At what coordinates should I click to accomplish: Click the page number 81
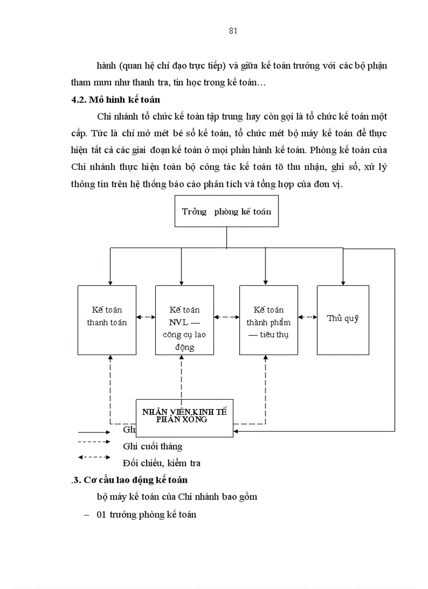tap(233, 30)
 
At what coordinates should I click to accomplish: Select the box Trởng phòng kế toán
tap(226, 211)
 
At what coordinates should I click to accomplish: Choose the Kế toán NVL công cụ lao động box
tap(185, 320)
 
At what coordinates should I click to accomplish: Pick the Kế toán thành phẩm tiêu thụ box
tap(268, 320)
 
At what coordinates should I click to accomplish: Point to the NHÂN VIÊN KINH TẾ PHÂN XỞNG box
tap(185, 416)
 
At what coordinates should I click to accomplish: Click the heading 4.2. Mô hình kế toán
tap(116, 100)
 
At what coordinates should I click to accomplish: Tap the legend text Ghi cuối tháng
tap(153, 446)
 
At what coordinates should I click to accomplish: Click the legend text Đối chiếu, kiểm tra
tap(162, 463)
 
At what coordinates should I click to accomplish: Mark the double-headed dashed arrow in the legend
tap(94, 457)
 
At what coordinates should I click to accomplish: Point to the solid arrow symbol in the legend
tap(94, 433)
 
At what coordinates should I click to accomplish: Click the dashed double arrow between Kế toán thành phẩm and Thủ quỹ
tap(307, 317)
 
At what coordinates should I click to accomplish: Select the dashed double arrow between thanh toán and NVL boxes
tap(146, 317)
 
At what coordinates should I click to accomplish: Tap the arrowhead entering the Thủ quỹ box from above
tap(343, 283)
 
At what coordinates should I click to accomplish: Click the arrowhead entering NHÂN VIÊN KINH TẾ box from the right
tap(236, 431)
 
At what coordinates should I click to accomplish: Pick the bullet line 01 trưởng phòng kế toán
tap(146, 515)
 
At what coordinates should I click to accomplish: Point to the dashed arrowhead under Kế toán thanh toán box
tap(110, 358)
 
